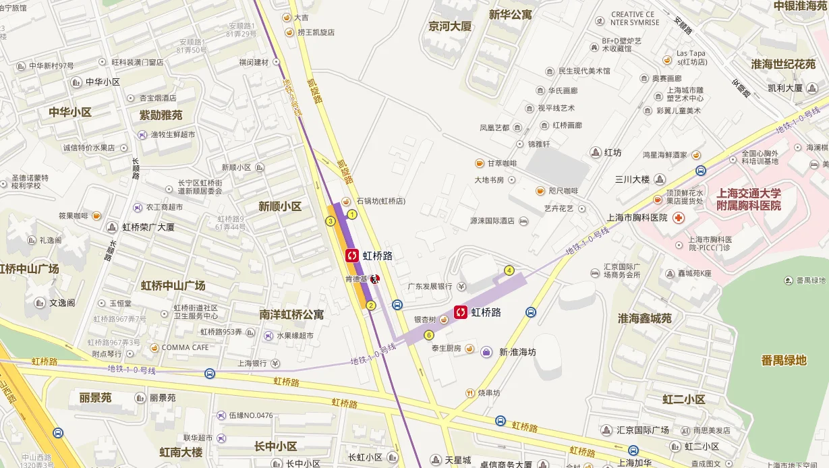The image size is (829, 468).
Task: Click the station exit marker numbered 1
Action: coord(351,214)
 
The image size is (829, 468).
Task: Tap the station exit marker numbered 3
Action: coord(331,221)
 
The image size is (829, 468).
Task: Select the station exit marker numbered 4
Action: coord(509,270)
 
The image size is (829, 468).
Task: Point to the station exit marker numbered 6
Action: coord(428,335)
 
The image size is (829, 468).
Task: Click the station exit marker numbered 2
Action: coord(370,305)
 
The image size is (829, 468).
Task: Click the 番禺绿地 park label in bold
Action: coord(784,360)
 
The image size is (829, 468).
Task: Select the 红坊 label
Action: coord(612,152)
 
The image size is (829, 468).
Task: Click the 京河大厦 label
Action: coord(450,27)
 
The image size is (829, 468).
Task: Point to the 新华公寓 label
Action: coord(511,14)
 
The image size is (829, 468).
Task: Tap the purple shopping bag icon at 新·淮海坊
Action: coord(486,351)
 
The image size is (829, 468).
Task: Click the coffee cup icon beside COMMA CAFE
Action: coord(154,347)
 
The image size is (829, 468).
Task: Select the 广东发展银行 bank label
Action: coord(430,286)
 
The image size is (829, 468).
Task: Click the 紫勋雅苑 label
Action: coord(161,115)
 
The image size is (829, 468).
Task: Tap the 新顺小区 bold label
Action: coord(280,206)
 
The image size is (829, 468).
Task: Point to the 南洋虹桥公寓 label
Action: coord(291,314)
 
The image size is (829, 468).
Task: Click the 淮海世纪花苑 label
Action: coord(783,64)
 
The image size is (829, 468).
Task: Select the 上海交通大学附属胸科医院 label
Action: coord(748,199)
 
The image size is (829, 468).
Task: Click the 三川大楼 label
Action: coord(632,179)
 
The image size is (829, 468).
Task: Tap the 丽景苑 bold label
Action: coord(95,398)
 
